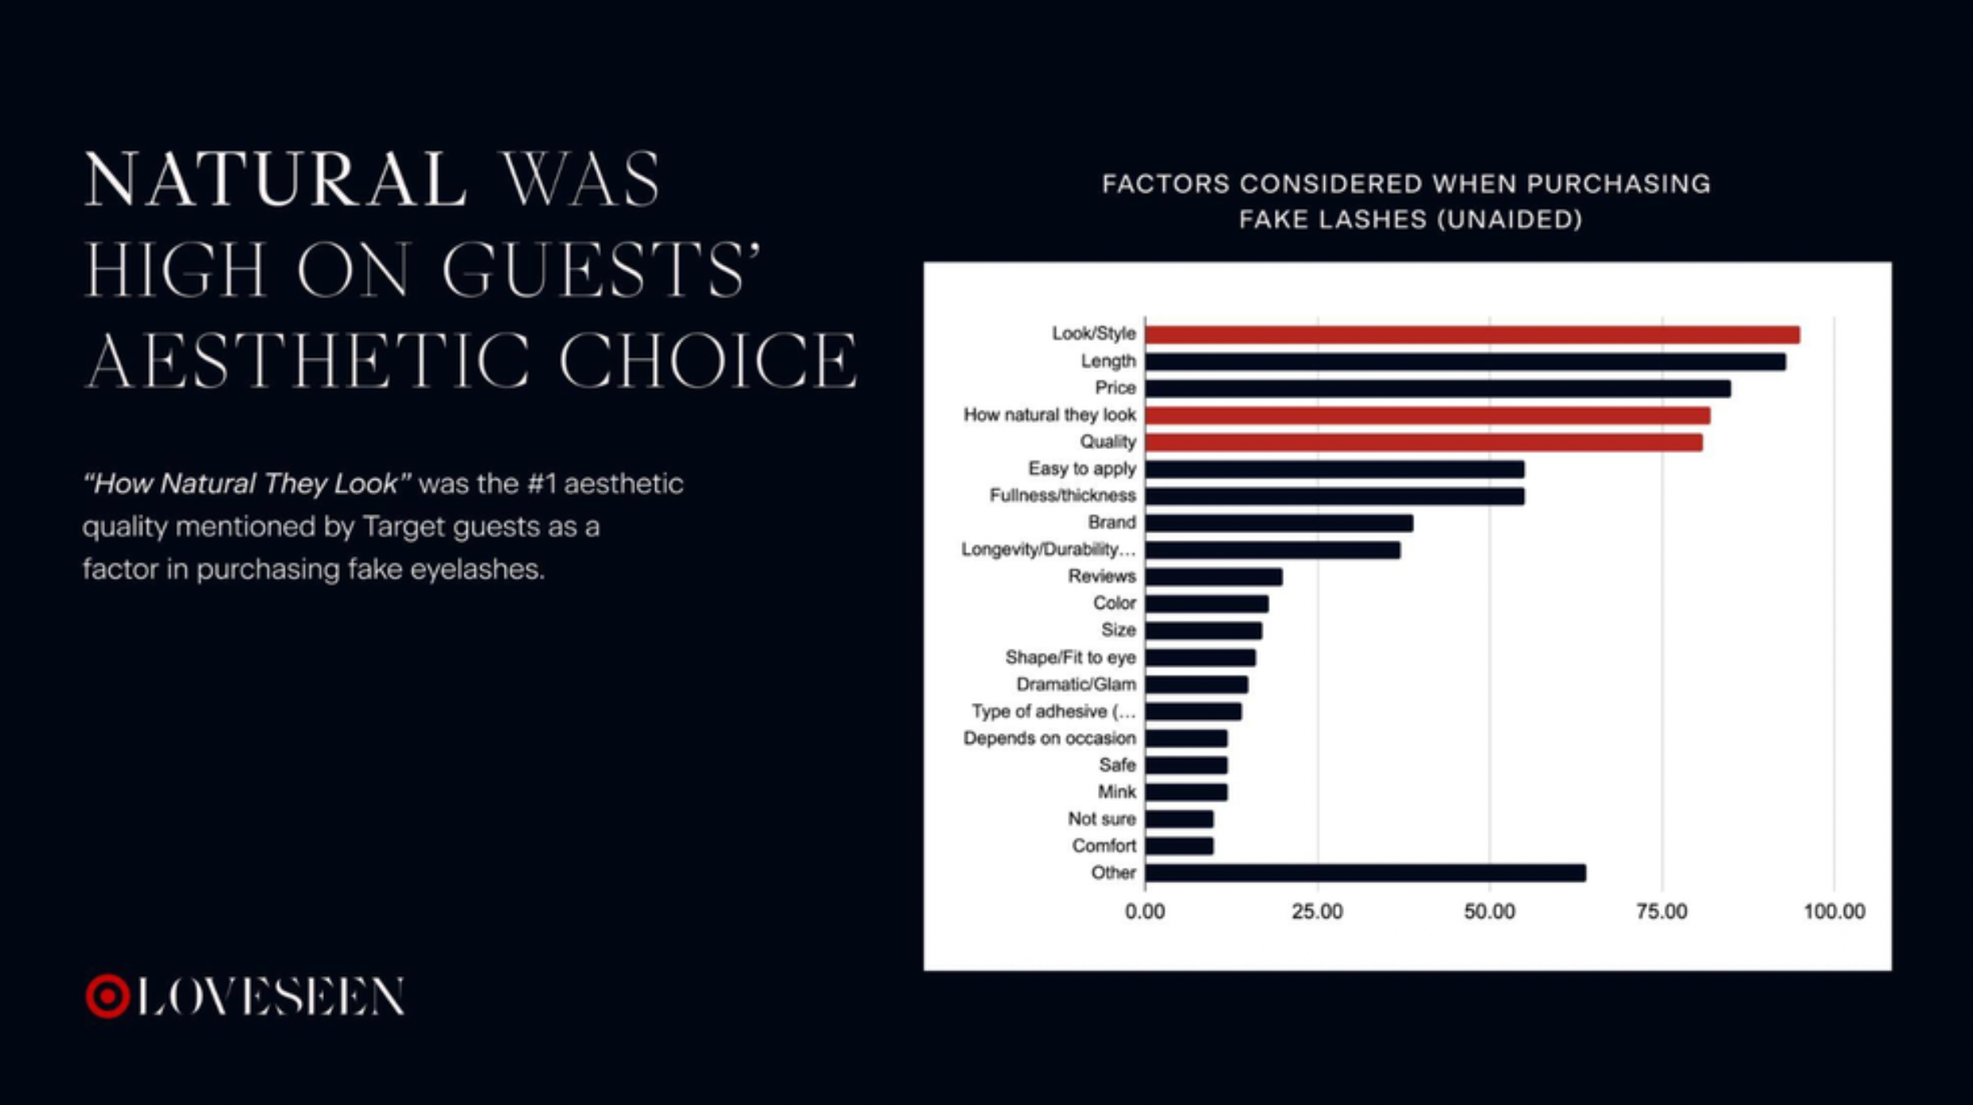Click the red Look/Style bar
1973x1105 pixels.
(x=1472, y=334)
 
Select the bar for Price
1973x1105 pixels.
(x=1438, y=389)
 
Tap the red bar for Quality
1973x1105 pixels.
(x=1424, y=442)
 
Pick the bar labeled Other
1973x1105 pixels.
(x=1365, y=873)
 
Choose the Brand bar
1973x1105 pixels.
(x=1280, y=523)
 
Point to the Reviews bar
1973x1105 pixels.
(x=1214, y=576)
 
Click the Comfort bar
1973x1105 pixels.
(x=1179, y=845)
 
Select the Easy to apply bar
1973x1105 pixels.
(x=1335, y=469)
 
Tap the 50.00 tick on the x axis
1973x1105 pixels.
(x=1490, y=912)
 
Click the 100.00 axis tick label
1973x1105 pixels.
(x=1834, y=912)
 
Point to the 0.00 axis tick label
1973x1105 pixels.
(x=1145, y=912)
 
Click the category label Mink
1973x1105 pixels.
(x=1116, y=792)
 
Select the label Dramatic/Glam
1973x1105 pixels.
(x=1076, y=685)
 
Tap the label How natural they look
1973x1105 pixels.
(x=1049, y=415)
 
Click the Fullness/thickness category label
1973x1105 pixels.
(x=1062, y=496)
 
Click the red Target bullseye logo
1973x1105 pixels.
(x=107, y=996)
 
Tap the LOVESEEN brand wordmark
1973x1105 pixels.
(x=271, y=996)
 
